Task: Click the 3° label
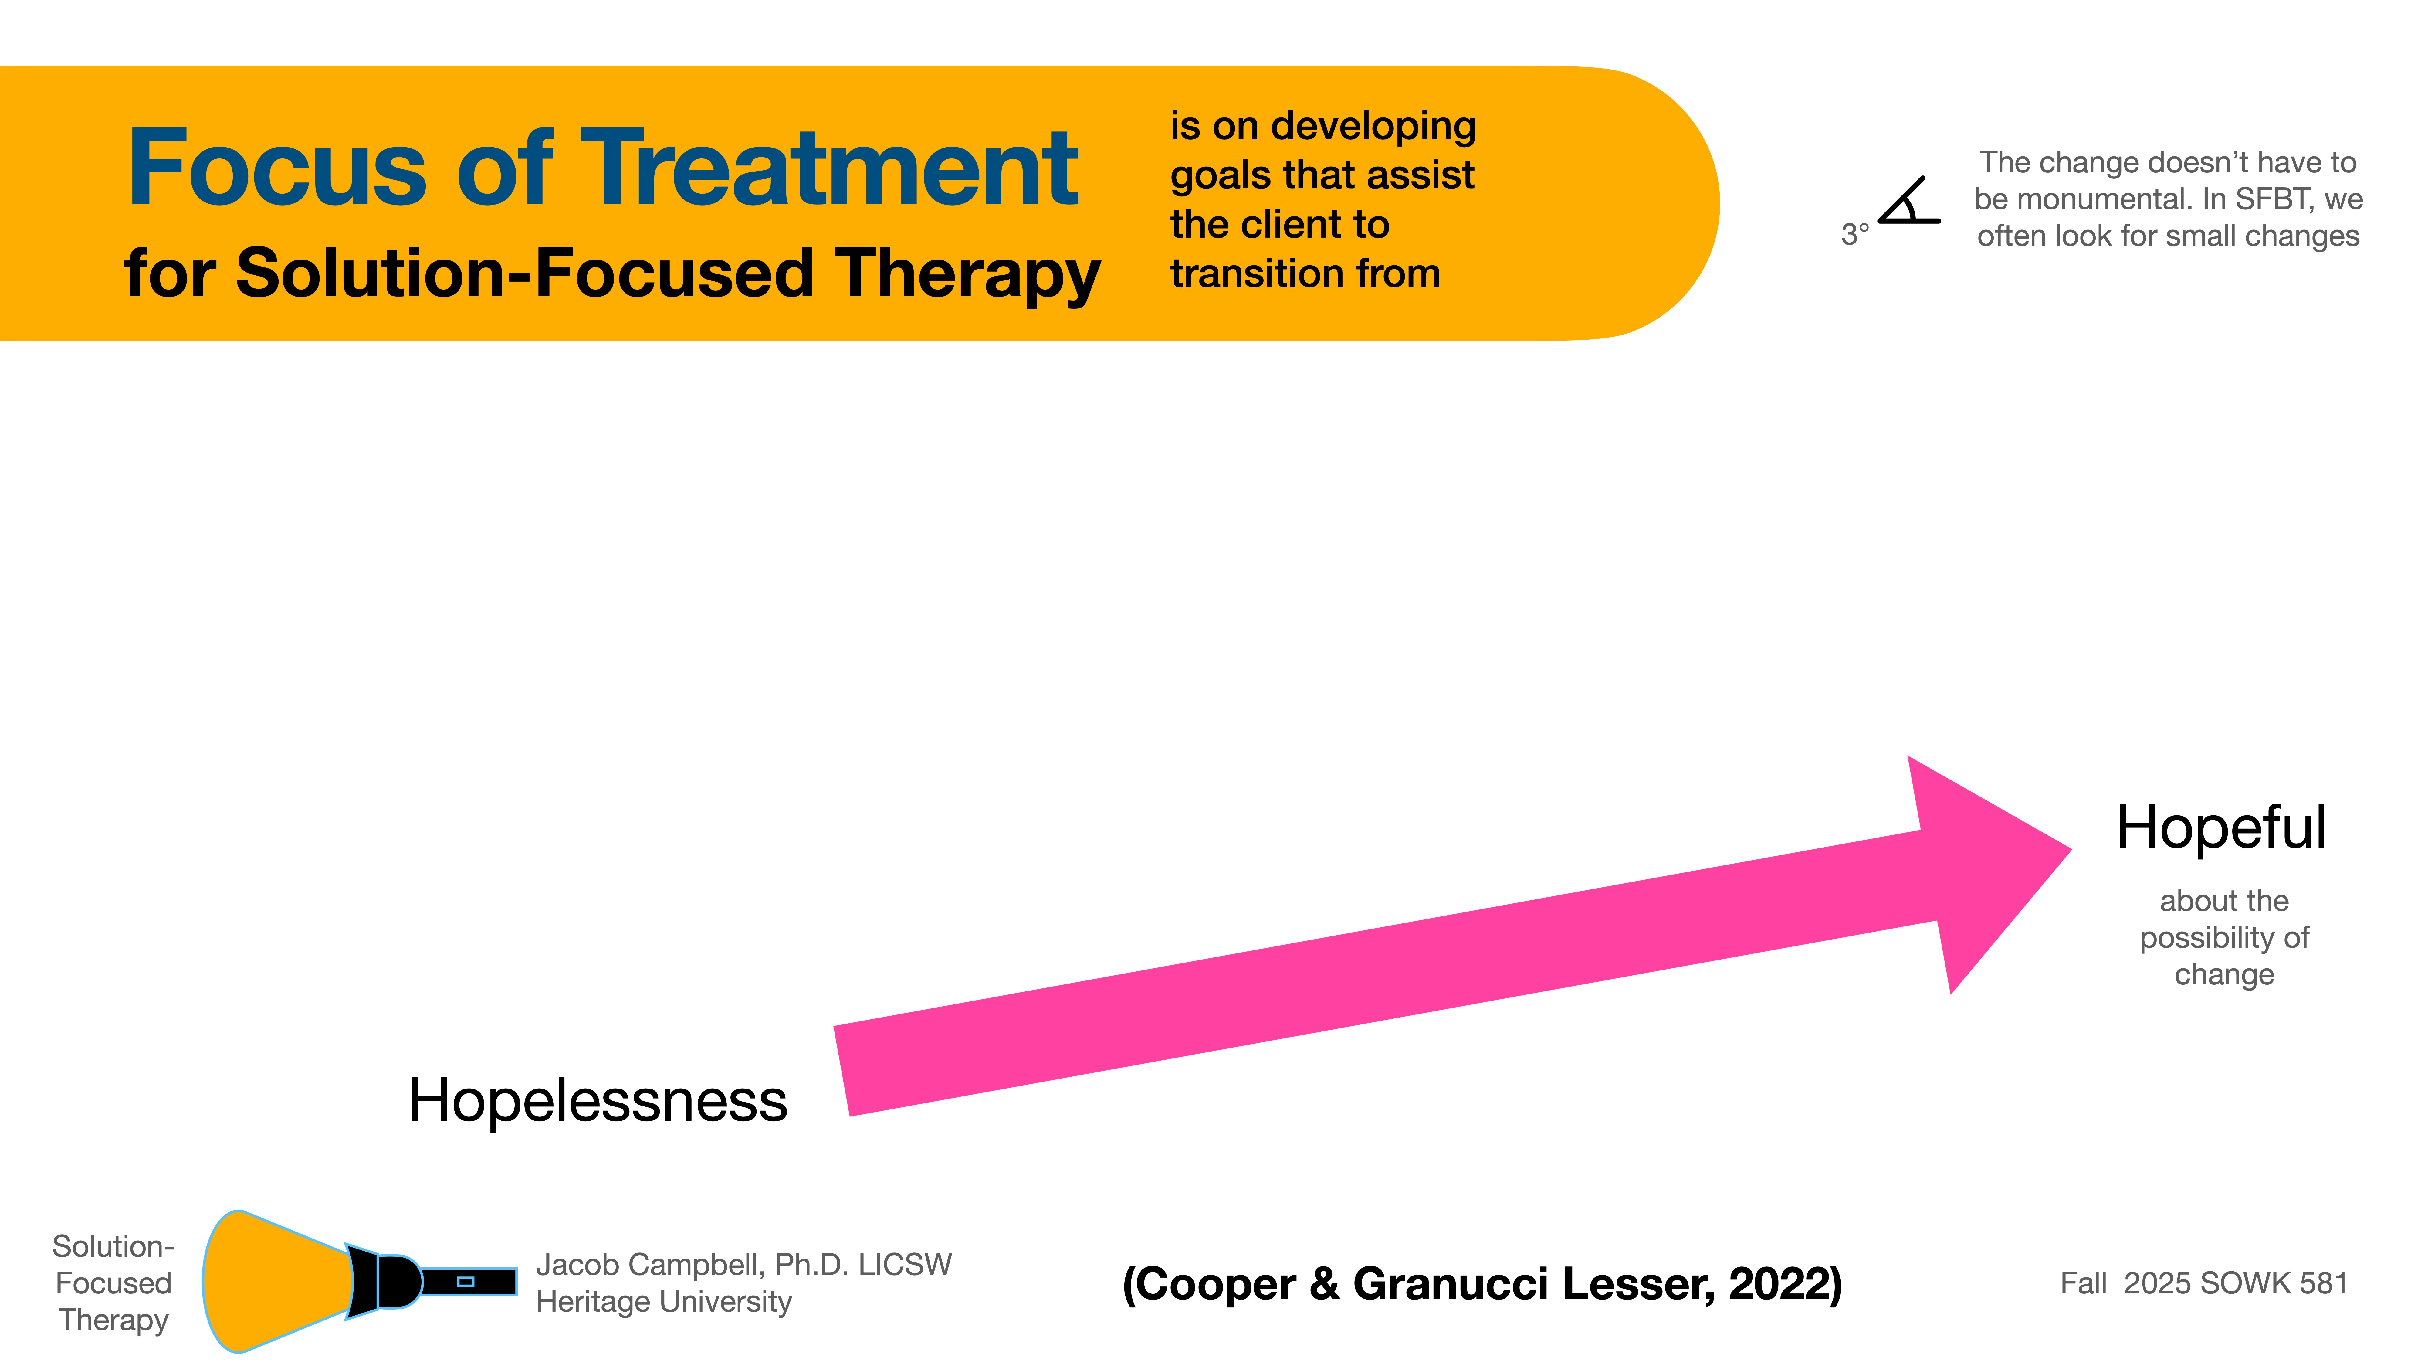[1854, 234]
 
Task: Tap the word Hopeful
[2221, 828]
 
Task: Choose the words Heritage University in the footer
[664, 1302]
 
